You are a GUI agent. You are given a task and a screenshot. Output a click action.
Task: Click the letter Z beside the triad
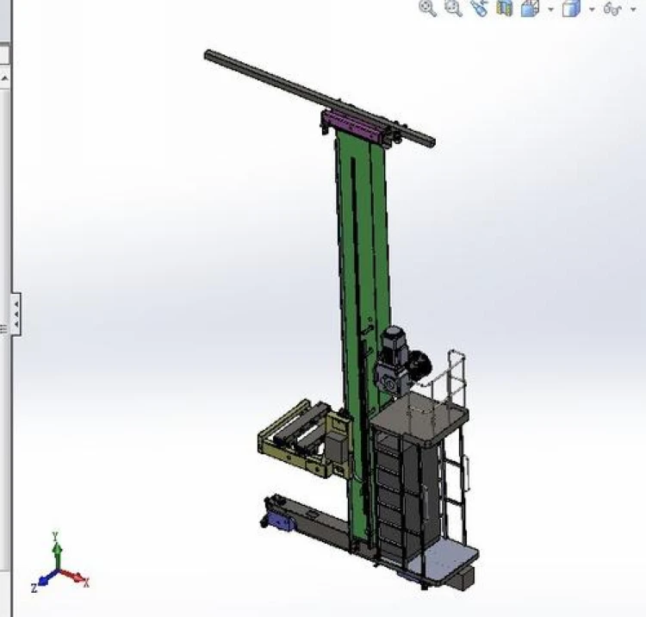34,588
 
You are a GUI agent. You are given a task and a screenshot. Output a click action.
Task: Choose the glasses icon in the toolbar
612,9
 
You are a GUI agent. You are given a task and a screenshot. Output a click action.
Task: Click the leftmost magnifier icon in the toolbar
426,9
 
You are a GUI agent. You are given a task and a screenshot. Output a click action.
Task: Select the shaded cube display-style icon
570,9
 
